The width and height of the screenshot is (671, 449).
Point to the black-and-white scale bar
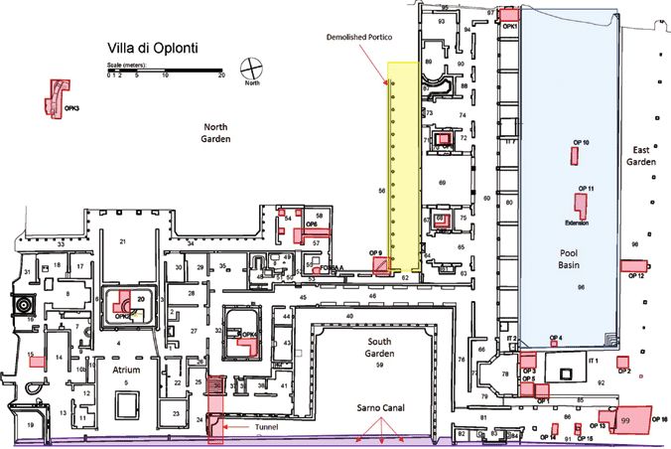point(164,71)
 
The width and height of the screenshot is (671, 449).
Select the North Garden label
point(216,133)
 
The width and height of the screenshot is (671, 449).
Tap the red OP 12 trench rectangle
point(631,265)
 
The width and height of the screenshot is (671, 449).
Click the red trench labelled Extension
point(583,206)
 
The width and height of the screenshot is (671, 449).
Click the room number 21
point(125,242)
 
